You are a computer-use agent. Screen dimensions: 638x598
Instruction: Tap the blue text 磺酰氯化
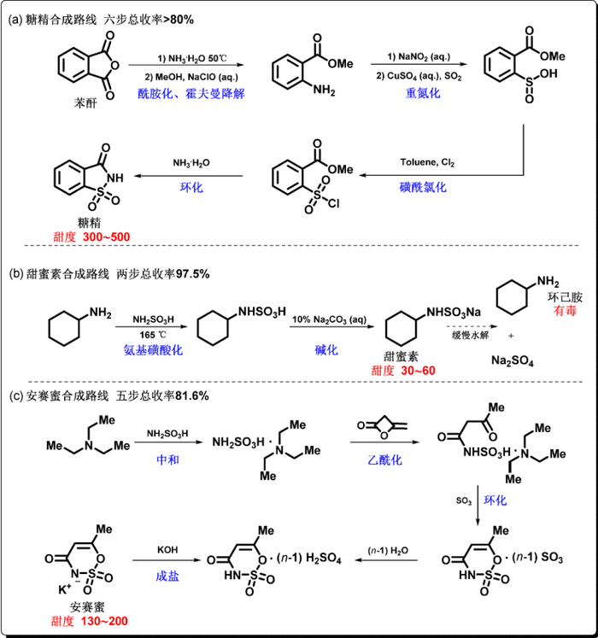pyautogui.click(x=422, y=187)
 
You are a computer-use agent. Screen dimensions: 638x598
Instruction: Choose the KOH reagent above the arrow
pyautogui.click(x=167, y=552)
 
